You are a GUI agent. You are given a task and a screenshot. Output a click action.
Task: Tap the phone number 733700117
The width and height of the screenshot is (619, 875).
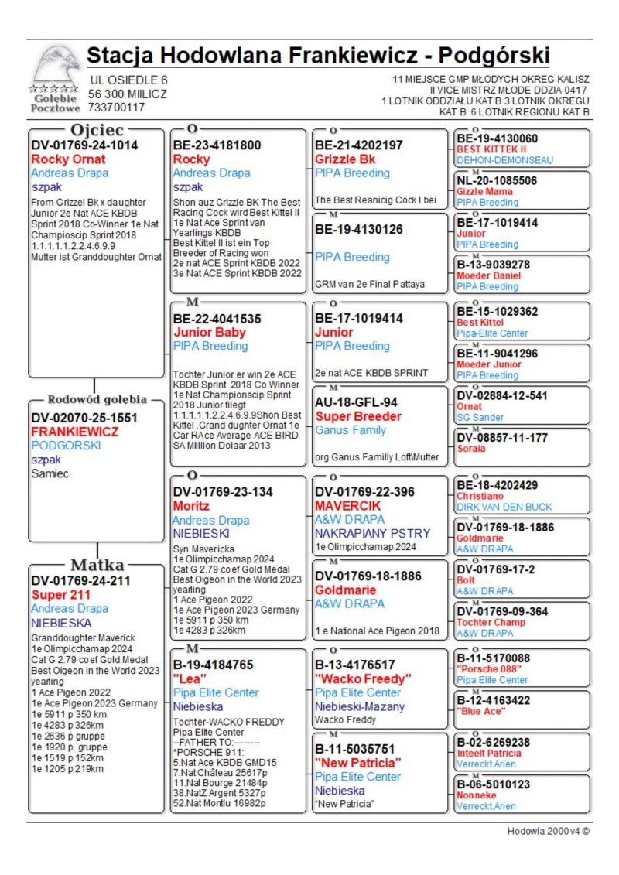116,108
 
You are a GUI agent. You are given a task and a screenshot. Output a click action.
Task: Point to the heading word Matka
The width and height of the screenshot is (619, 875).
97,564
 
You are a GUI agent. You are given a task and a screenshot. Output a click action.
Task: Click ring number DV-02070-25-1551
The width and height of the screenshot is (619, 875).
84,417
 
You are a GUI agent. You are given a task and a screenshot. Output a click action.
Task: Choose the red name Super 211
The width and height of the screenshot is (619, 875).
61,595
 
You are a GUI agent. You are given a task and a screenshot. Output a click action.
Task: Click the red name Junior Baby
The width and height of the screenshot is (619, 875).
209,333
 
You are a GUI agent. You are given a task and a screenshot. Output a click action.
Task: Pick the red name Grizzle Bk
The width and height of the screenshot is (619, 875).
345,159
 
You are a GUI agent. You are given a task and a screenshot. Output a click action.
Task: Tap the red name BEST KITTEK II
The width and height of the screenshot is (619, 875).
491,149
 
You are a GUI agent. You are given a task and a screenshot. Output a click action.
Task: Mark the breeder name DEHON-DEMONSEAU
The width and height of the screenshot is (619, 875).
504,160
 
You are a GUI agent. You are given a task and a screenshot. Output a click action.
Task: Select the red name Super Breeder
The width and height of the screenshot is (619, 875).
357,416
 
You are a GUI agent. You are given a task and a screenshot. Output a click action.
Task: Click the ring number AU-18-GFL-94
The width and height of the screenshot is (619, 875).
356,402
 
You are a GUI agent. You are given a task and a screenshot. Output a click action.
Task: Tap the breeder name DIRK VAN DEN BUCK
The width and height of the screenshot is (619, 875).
504,507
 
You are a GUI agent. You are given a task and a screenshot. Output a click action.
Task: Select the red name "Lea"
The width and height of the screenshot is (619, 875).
189,679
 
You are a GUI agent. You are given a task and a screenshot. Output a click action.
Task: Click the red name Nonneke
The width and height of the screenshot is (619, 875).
477,795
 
